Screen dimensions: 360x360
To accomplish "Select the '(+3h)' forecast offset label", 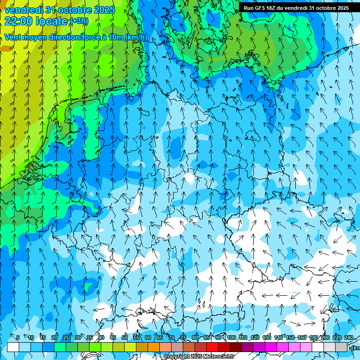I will pyautogui.click(x=78, y=21).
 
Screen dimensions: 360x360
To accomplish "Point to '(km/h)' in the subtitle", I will pyautogui.click(x=136, y=37).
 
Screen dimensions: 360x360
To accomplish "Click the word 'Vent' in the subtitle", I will pyautogui.click(x=13, y=37).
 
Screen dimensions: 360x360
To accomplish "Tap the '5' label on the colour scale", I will pyautogui.click(x=18, y=337).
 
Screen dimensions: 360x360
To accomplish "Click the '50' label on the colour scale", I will pyautogui.click(x=124, y=337).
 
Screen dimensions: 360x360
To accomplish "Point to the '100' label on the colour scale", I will pyautogui.click(x=231, y=337).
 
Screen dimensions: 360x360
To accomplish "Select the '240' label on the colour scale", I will pyautogui.click(x=348, y=337).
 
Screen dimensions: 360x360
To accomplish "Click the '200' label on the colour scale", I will pyautogui.click(x=325, y=337).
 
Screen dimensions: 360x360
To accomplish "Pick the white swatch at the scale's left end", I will pyautogui.click(x=13, y=347).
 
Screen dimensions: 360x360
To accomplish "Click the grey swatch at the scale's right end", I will pyautogui.click(x=341, y=347).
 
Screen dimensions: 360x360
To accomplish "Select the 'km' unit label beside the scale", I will pyautogui.click(x=356, y=348).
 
